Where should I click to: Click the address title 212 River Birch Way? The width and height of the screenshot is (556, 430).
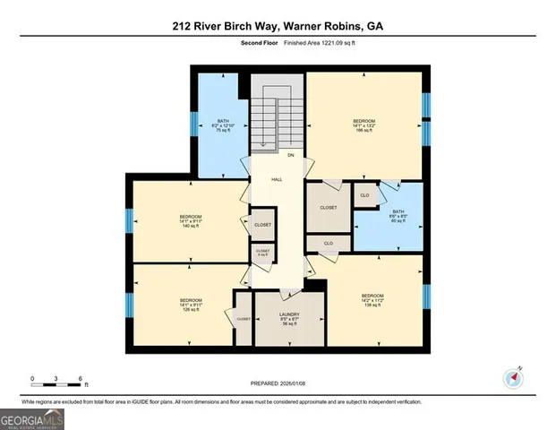tap(278, 27)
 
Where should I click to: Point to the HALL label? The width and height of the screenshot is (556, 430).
tap(278, 179)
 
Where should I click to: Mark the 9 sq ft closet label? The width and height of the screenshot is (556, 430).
tap(262, 253)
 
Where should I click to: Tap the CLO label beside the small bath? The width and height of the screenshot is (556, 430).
tap(364, 195)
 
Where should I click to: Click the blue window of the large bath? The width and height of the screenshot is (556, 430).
tap(194, 122)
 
